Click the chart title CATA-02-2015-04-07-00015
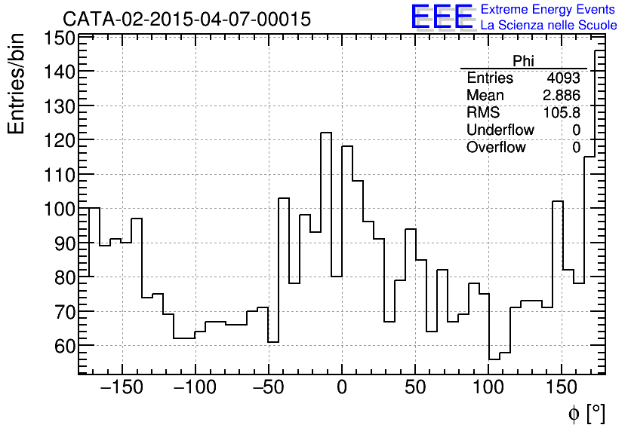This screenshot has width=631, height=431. point(186,19)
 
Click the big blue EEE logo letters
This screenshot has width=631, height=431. point(442,17)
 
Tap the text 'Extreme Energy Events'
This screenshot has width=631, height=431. point(548,10)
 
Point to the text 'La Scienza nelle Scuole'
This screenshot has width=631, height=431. point(548,26)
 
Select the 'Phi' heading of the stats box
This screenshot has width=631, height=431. point(523,61)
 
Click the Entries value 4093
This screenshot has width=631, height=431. point(564,78)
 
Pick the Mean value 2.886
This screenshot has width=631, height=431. point(562,96)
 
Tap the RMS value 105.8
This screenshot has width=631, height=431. point(562,113)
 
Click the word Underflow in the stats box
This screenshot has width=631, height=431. point(500,130)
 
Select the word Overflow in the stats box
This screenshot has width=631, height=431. point(496,148)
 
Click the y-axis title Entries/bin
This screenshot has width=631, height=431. point(17,84)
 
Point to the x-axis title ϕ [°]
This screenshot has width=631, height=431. point(586,413)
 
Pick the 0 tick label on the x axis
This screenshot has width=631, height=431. point(342,389)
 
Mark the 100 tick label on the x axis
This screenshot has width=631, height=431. point(488,389)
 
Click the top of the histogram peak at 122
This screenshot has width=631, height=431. point(326,133)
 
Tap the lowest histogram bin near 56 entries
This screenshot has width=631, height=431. point(494,359)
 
